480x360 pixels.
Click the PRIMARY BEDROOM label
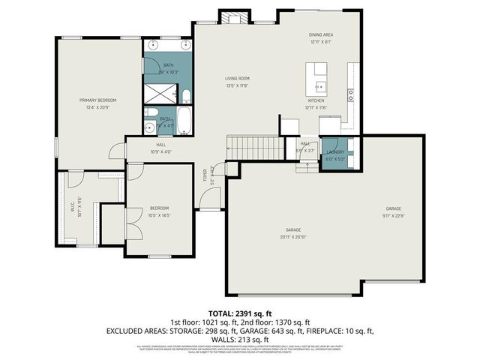[x=98, y=100]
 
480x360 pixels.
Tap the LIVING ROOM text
[x=237, y=78]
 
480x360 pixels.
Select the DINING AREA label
[x=320, y=35]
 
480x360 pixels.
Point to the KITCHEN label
[x=316, y=100]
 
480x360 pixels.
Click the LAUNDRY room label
[x=334, y=152]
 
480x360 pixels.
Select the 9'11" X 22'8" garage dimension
[x=394, y=214]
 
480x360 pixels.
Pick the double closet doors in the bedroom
[x=133, y=223]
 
